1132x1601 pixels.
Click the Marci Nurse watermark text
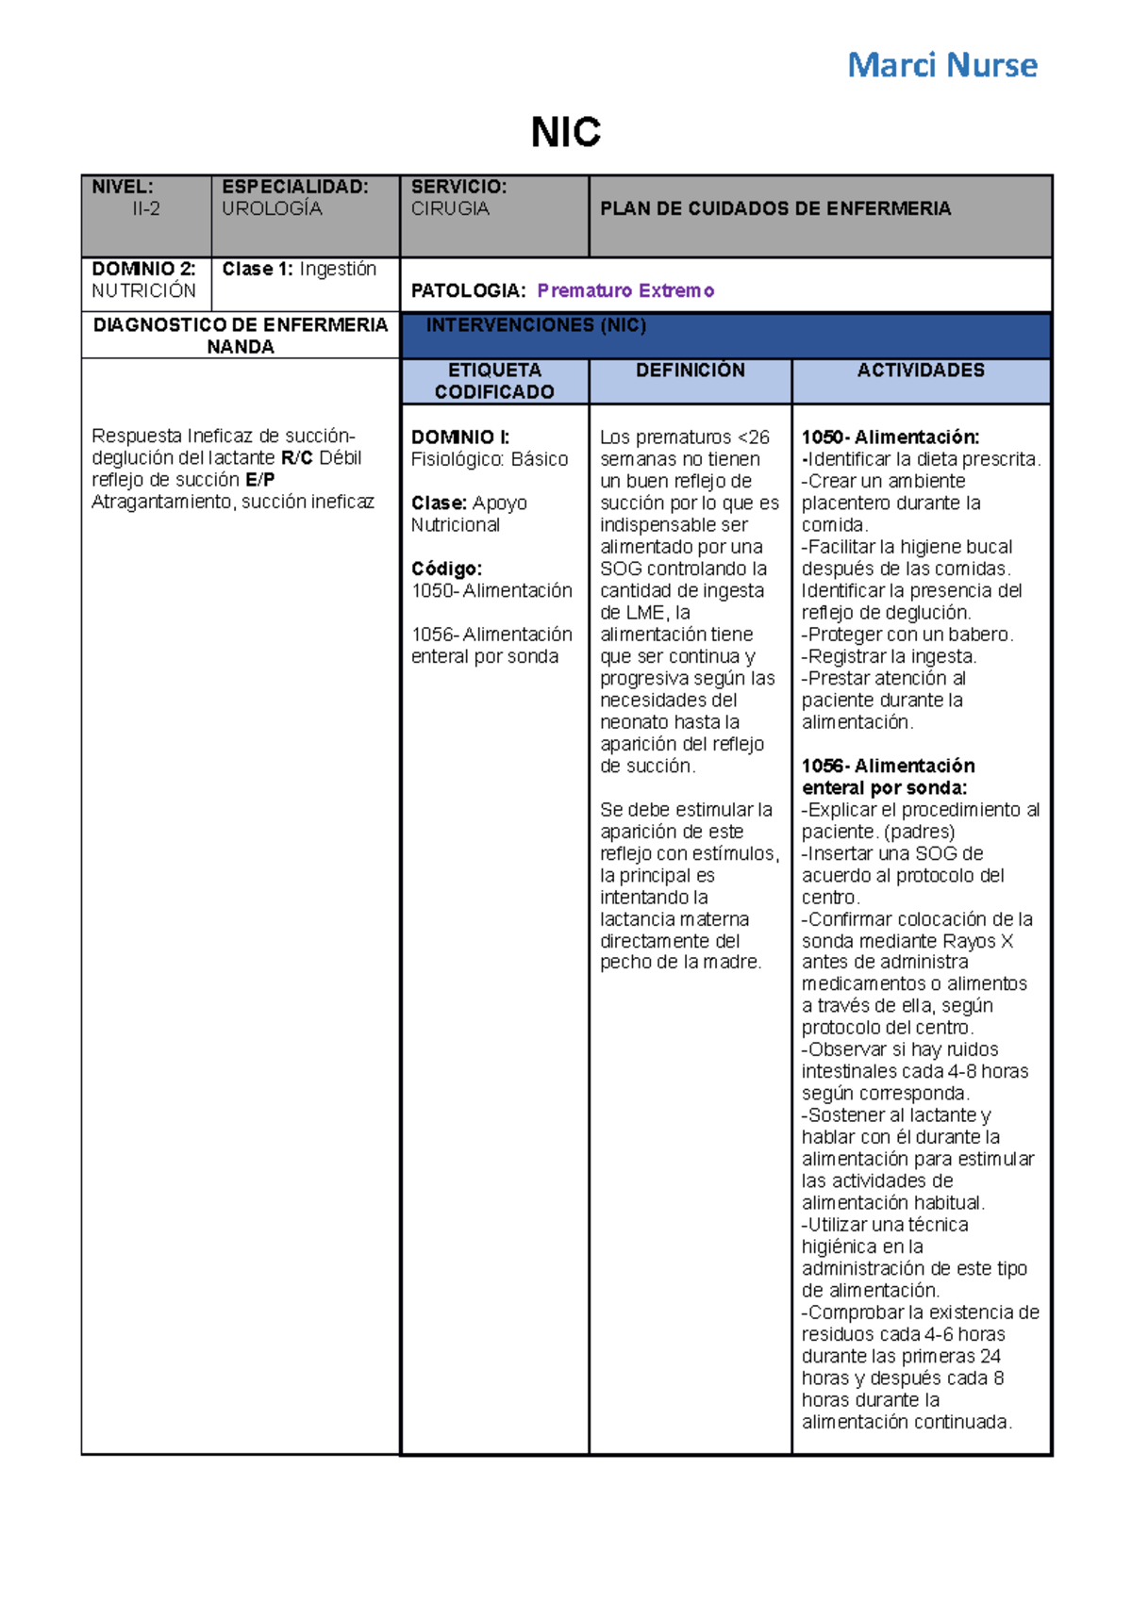[x=941, y=65]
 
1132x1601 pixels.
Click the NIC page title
[x=565, y=132]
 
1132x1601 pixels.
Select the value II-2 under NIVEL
[x=145, y=208]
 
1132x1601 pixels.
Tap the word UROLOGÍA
[x=272, y=208]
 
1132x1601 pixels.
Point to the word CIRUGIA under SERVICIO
[x=450, y=208]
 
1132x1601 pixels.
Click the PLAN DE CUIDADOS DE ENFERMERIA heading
[x=775, y=208]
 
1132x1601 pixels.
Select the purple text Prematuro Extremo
[x=625, y=290]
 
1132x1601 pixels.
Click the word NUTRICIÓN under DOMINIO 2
[x=143, y=290]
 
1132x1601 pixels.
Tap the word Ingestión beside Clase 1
[x=338, y=269]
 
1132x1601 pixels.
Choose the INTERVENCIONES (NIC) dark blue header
[x=536, y=325]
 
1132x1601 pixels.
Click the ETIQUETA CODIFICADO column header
[x=494, y=381]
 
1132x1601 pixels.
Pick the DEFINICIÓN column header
[x=690, y=371]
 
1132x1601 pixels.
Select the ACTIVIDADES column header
[x=921, y=371]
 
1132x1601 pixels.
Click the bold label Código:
[x=446, y=569]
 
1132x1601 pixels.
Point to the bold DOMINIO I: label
[x=459, y=437]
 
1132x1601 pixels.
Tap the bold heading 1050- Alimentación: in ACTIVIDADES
[x=891, y=437]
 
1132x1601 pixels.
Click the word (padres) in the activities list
[x=920, y=832]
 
